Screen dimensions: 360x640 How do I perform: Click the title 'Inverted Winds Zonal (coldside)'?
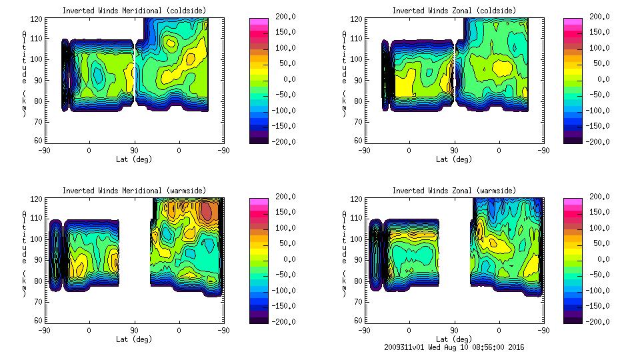pyautogui.click(x=454, y=11)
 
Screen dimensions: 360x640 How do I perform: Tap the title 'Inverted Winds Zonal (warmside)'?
pyautogui.click(x=454, y=191)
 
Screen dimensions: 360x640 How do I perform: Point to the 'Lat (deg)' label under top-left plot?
pyautogui.click(x=134, y=159)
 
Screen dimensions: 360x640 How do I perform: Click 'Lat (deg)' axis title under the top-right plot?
pyautogui.click(x=454, y=159)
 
